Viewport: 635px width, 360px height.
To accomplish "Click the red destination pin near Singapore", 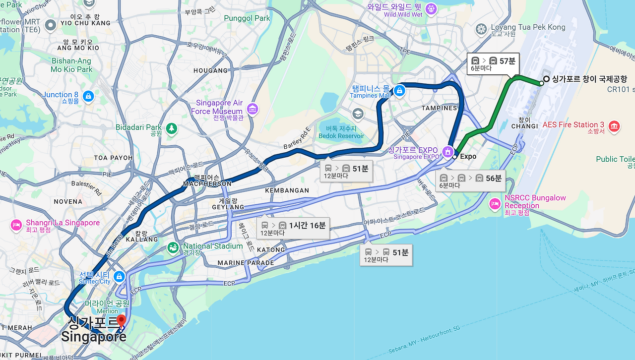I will tap(122, 320).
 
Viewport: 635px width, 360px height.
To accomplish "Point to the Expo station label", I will tap(468, 157).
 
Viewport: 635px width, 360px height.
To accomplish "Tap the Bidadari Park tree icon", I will tap(172, 128).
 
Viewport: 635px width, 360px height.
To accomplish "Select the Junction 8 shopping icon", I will tap(88, 95).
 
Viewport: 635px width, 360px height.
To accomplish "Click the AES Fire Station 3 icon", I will tap(614, 126).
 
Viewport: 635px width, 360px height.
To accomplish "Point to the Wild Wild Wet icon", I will tap(431, 8).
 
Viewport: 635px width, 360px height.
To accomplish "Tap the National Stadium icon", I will tap(173, 247).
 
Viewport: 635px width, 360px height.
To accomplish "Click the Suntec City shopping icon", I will tap(119, 276).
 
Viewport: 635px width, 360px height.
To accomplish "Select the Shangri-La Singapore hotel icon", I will tap(16, 225).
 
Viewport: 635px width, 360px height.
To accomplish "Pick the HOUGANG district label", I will tap(210, 70).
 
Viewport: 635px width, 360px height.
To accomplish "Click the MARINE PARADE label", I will tap(246, 263).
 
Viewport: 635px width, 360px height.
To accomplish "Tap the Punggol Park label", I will tap(247, 18).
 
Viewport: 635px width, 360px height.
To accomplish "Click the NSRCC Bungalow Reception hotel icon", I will tap(495, 203).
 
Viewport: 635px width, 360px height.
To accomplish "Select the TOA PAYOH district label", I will tap(113, 158).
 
